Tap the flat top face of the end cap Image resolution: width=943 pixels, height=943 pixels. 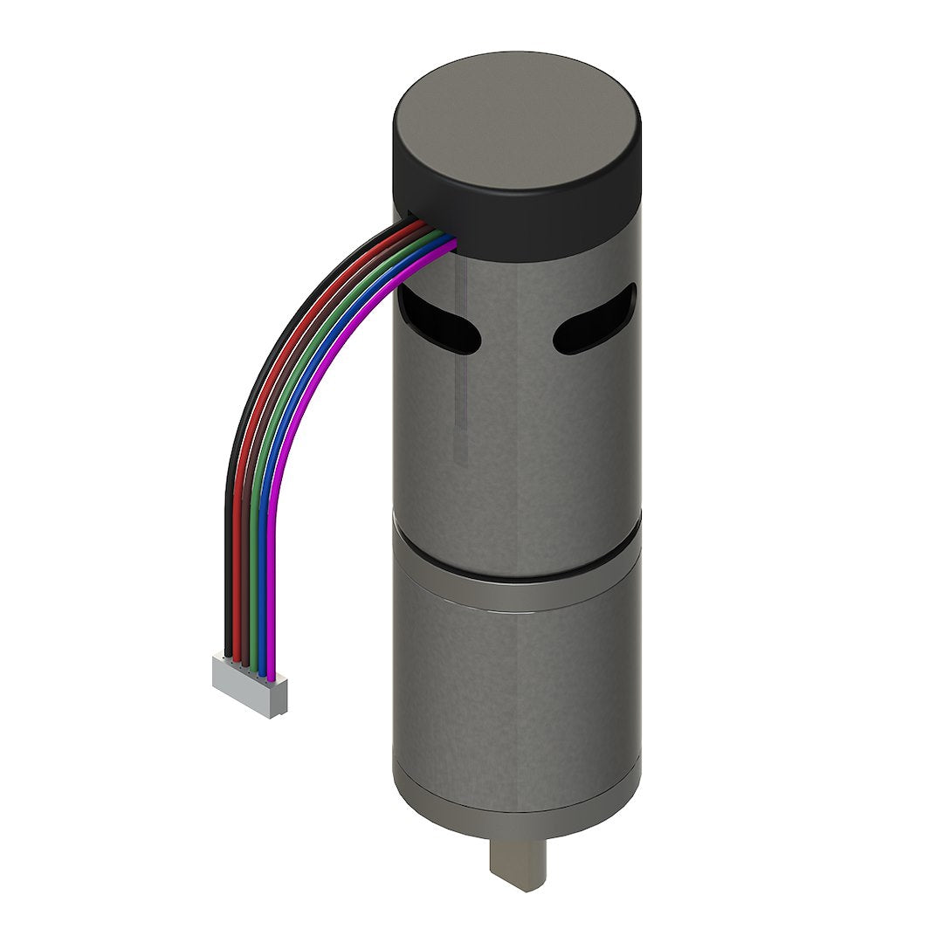coord(515,131)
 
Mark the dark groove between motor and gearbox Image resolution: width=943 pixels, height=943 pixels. coord(515,572)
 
